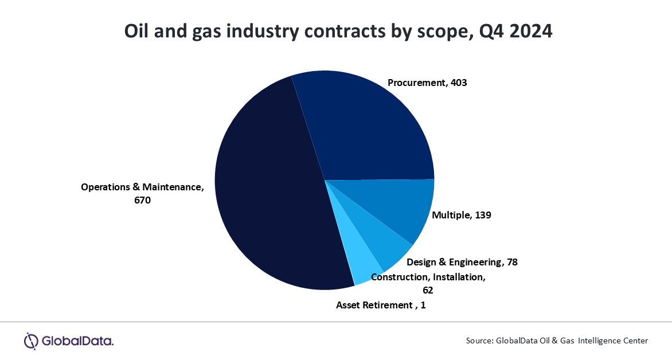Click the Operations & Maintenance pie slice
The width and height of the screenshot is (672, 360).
269,189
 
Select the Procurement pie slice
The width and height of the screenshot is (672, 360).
367,126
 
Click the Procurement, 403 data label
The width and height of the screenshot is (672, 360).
427,83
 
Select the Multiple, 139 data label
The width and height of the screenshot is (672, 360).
462,215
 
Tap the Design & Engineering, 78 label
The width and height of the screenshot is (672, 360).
462,263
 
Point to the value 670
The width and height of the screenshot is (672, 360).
142,200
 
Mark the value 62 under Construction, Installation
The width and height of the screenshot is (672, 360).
427,290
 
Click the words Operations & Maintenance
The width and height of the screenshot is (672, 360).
141,187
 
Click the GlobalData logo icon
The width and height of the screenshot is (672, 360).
30,341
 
